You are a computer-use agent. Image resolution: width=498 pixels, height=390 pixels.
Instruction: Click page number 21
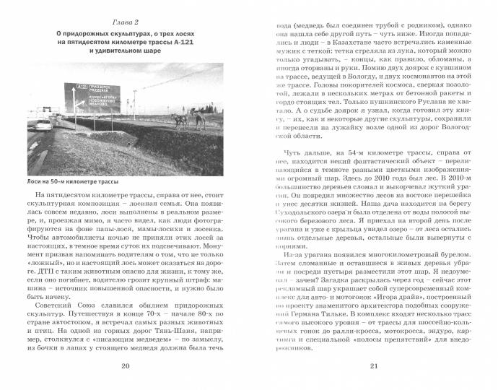pyautogui.click(x=374, y=368)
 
